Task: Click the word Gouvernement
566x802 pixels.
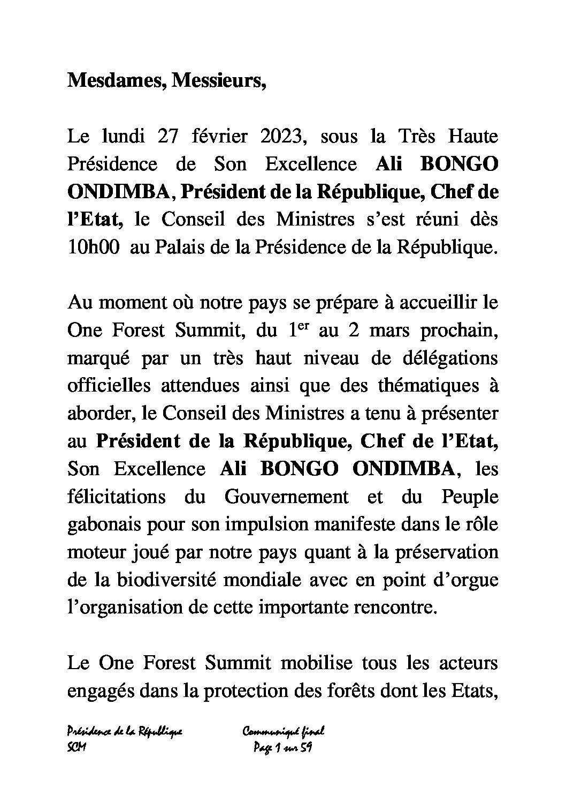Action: click(286, 497)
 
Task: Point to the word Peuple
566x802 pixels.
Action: click(470, 497)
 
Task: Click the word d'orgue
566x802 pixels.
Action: click(464, 580)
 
